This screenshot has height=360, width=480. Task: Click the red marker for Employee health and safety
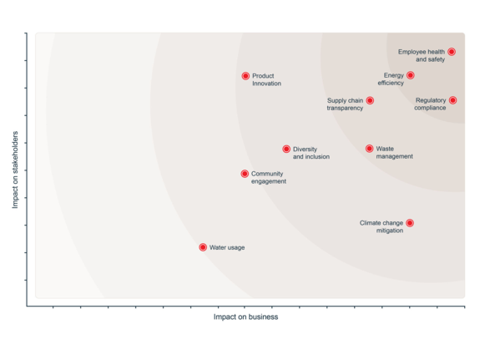coord(452,52)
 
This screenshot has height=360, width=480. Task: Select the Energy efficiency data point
coord(411,75)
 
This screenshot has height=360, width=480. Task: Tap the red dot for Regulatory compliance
coord(452,100)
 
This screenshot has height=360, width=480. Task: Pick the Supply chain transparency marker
coord(370,100)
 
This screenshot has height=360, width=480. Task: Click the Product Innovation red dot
coord(245,76)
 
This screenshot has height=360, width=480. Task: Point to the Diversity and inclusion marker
coord(286,150)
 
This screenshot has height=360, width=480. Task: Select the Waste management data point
coord(370,149)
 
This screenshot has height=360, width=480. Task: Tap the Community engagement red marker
coord(245,174)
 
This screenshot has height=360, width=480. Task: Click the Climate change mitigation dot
coord(410,223)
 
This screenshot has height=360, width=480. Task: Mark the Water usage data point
coord(203,247)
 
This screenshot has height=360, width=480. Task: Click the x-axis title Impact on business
coord(245,317)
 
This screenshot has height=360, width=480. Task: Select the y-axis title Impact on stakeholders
coord(15,170)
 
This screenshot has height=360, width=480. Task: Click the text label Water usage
coord(227,247)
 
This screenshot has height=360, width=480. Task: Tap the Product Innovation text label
coord(266,79)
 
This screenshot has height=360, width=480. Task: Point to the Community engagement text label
coord(269,177)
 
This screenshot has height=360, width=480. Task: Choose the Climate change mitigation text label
coord(381,226)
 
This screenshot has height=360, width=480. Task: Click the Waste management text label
coord(394,153)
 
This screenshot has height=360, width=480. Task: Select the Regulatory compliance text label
coord(430,104)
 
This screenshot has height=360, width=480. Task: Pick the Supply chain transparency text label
coord(345,104)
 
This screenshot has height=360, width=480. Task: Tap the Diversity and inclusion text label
coord(311,153)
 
